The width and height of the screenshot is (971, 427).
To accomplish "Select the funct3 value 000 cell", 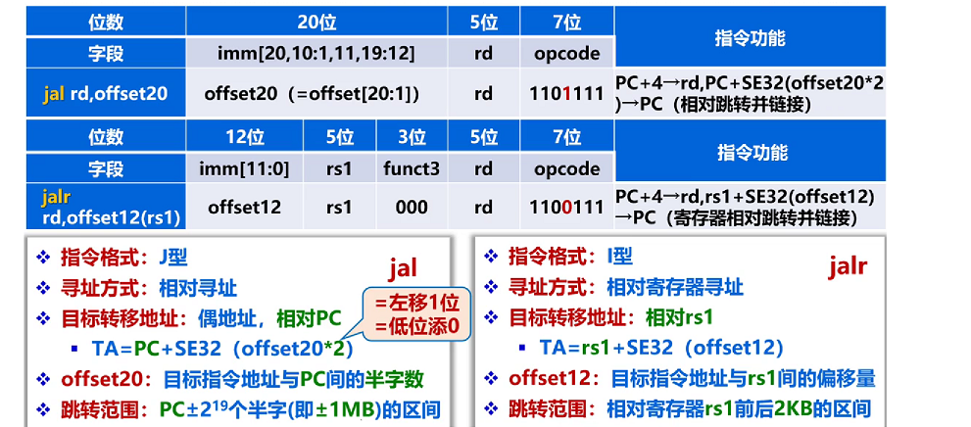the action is click(412, 207).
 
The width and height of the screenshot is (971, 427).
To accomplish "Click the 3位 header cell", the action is click(412, 135).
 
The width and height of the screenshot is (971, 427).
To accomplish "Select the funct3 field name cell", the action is click(412, 167).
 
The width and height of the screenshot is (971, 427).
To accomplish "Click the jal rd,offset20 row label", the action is click(106, 94).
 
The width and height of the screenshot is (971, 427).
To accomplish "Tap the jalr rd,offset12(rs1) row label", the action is click(106, 207).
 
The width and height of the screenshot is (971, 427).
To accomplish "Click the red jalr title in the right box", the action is click(848, 264).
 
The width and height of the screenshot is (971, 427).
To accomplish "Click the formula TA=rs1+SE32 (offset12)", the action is click(661, 348).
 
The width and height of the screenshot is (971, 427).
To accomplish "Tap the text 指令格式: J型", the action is click(123, 258).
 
